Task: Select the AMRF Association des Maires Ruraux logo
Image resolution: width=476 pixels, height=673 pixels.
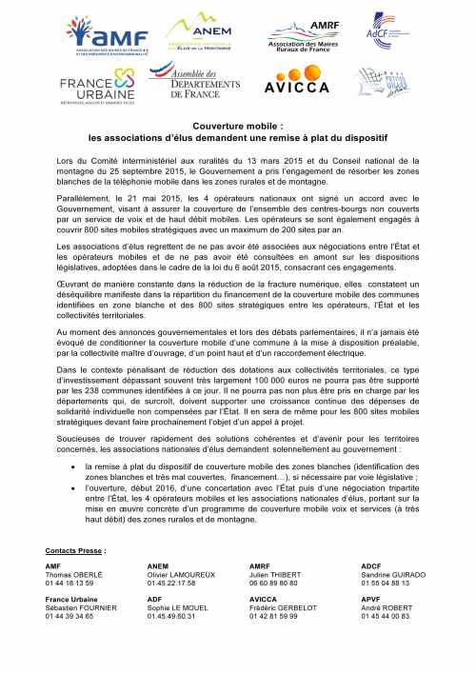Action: pyautogui.click(x=313, y=35)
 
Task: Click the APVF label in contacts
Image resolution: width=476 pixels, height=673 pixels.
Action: pyautogui.click(x=371, y=600)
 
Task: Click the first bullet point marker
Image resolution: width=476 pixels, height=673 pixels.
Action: pyautogui.click(x=75, y=467)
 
